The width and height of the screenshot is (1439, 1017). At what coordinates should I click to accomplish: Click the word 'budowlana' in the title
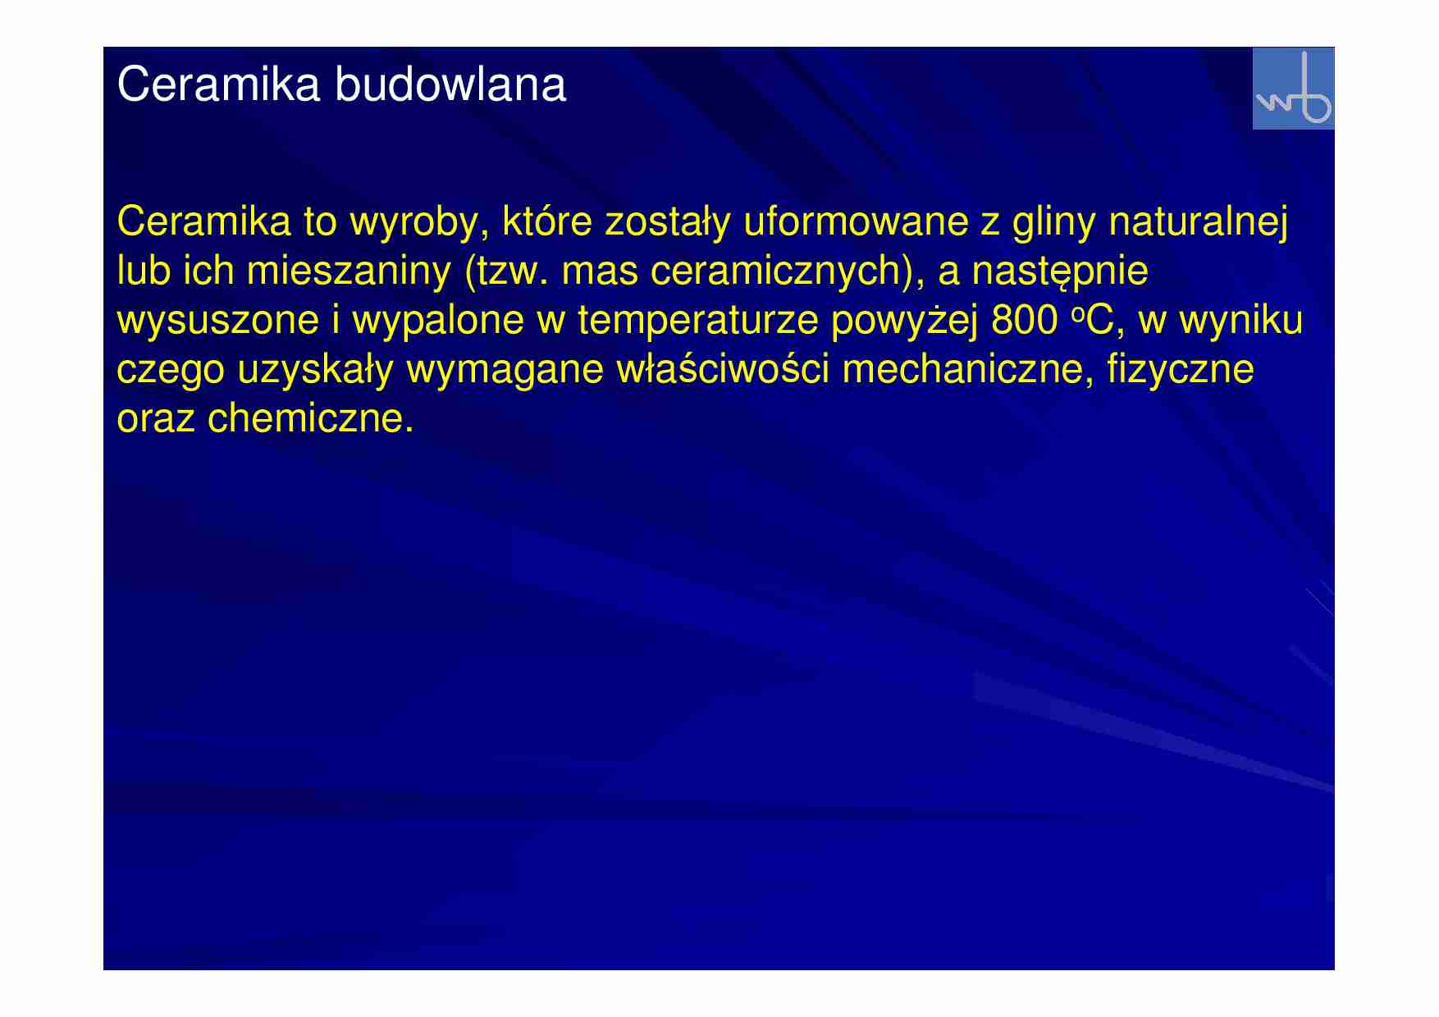[450, 84]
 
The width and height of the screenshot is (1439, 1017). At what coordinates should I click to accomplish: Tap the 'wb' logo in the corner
[1293, 89]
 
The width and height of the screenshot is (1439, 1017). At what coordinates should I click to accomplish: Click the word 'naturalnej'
[1198, 222]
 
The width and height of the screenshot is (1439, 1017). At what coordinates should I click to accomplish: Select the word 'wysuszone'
[217, 321]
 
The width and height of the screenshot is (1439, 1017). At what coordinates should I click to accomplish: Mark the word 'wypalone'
[438, 321]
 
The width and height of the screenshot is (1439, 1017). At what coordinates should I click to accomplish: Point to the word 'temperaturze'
[697, 321]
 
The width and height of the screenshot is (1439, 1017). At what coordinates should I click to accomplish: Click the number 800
[1024, 321]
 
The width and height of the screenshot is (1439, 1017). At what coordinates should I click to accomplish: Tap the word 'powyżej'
[904, 321]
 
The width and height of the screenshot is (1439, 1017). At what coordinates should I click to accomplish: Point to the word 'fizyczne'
[1180, 370]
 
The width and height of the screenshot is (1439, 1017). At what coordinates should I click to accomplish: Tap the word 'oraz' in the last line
[156, 419]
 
